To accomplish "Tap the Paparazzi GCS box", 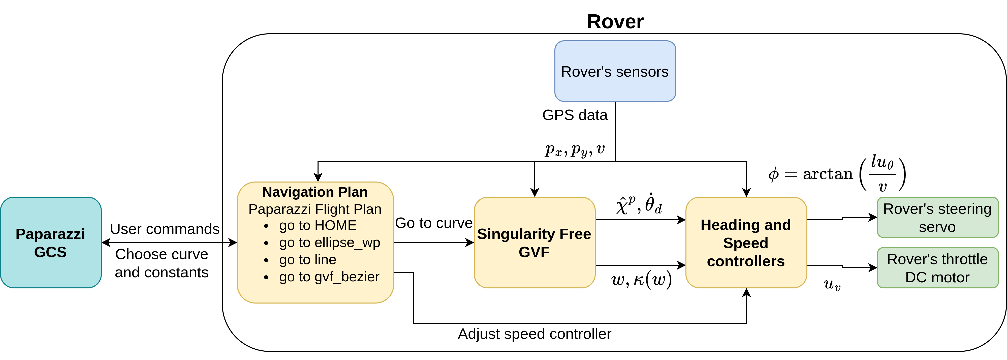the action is tap(51, 242).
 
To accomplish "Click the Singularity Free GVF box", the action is tap(534, 242).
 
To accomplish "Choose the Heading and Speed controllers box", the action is tap(746, 242).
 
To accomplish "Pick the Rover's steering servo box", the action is tap(937, 217).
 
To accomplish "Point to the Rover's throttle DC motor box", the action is tap(937, 268).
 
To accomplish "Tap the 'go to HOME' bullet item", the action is tap(318, 226).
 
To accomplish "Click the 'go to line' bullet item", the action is tap(308, 260).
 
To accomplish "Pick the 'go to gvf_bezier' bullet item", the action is tap(329, 277).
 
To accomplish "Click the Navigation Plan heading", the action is tap(315, 192).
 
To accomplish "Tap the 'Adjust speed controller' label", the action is tap(534, 334).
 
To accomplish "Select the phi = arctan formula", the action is tap(837, 173).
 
